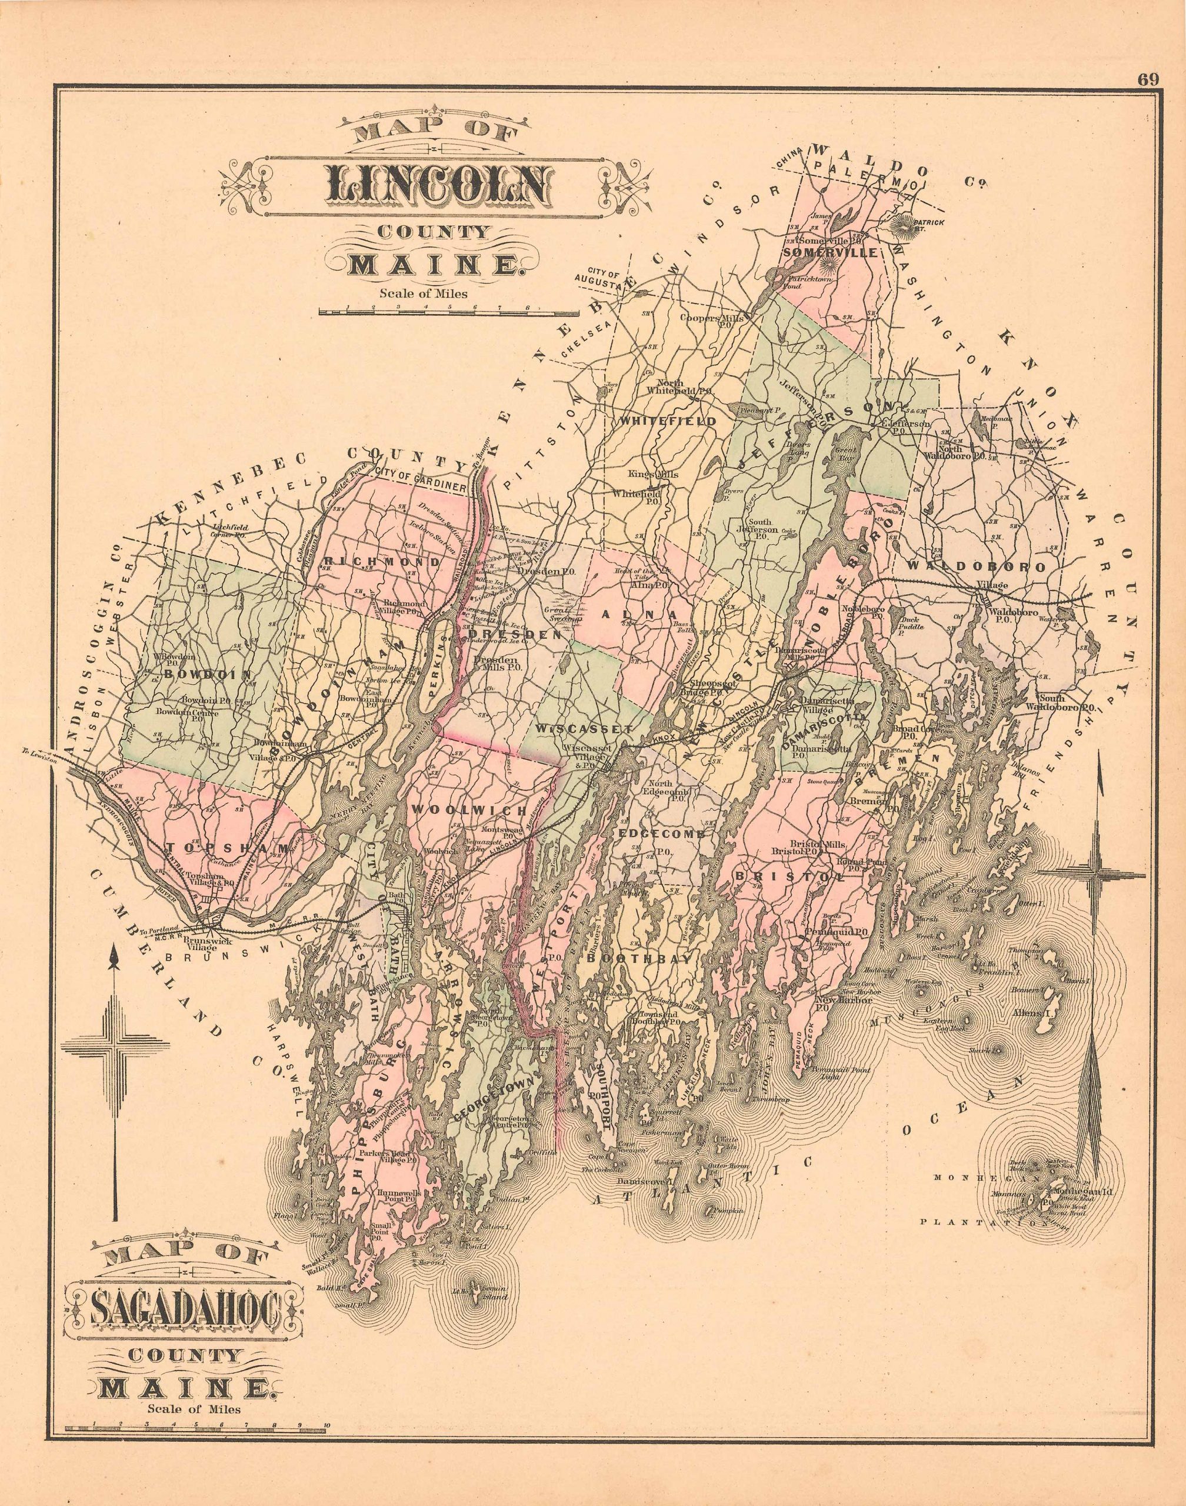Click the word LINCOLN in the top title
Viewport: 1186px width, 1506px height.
click(x=435, y=186)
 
